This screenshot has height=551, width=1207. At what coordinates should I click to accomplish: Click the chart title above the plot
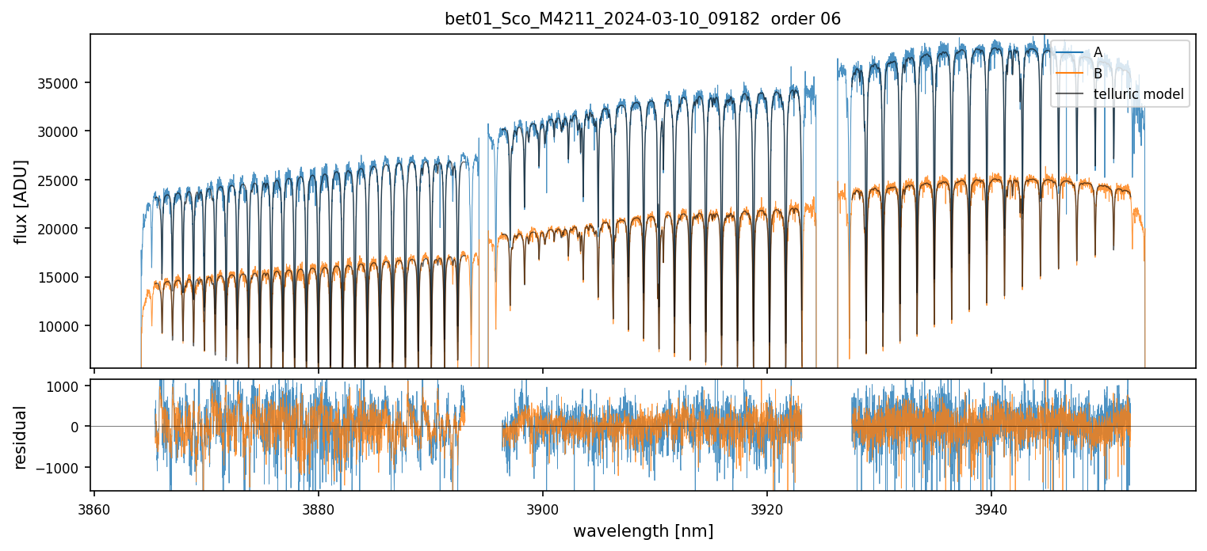643,19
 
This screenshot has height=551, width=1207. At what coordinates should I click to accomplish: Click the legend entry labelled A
1098,52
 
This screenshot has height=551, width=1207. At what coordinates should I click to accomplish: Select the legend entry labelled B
1098,74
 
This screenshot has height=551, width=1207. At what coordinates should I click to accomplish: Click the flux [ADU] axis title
21,201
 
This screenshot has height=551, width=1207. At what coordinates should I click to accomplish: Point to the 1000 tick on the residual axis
68,386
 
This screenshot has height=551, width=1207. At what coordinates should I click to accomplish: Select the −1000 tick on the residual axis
65,467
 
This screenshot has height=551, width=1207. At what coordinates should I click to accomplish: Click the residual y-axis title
21,436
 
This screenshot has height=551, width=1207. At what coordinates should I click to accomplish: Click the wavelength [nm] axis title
643,530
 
